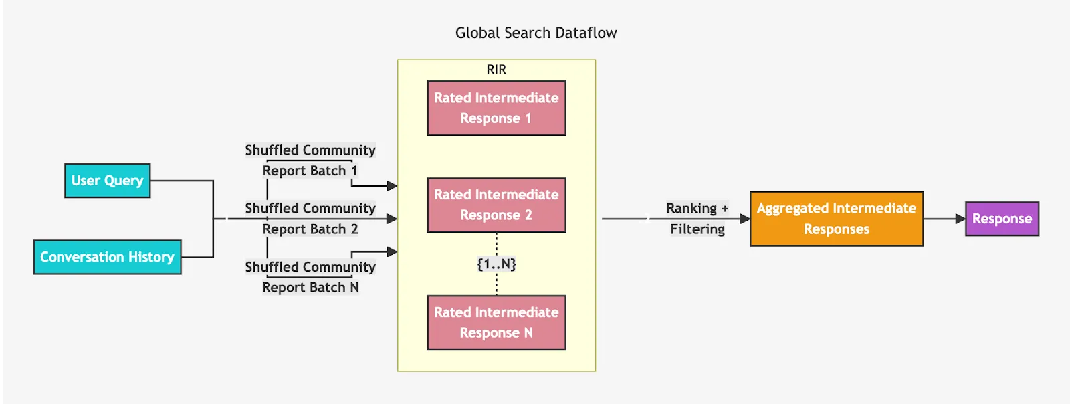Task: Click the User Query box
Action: coord(107,181)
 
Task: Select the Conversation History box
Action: coord(107,257)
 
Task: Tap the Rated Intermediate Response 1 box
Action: coord(496,108)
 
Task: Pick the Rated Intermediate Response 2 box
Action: coord(496,205)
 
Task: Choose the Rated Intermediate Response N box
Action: coord(496,322)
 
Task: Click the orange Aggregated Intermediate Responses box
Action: coord(836,219)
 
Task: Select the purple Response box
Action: coord(1002,219)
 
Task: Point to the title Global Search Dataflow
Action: coord(536,33)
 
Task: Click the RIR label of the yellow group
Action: coord(496,70)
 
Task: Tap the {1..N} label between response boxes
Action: coord(496,264)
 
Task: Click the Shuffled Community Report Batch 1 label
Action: coord(310,161)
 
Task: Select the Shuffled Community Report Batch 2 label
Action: coord(310,219)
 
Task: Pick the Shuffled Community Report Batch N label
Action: coord(310,277)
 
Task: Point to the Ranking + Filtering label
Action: coord(698,219)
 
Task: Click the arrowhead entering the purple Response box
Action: coord(960,219)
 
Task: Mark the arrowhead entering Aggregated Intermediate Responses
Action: coord(744,219)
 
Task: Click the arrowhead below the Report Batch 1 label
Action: coord(392,186)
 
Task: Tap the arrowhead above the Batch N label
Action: coord(392,251)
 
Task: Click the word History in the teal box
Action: coord(151,257)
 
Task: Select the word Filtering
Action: coord(698,229)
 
